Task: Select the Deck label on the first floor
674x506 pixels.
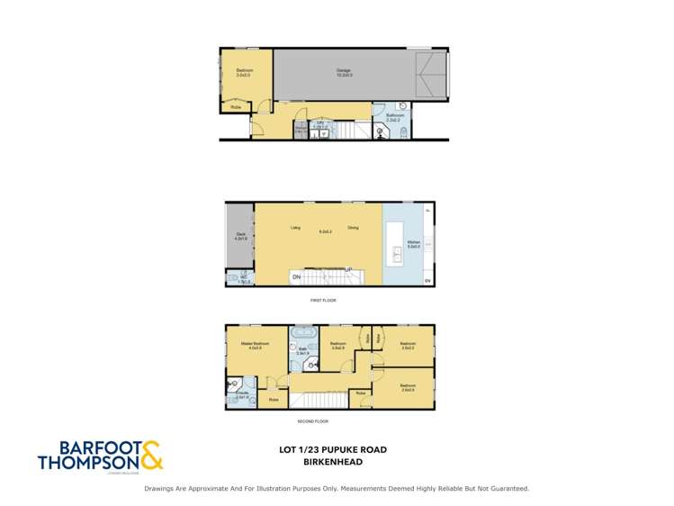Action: [240, 236]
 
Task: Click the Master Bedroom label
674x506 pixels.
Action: [251, 343]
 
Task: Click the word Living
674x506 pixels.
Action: [294, 228]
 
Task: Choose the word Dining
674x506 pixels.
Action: [353, 228]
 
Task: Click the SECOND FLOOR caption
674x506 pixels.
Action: [311, 420]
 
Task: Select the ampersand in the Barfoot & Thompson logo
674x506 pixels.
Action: [149, 454]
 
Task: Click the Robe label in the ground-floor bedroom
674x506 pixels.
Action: [236, 107]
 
